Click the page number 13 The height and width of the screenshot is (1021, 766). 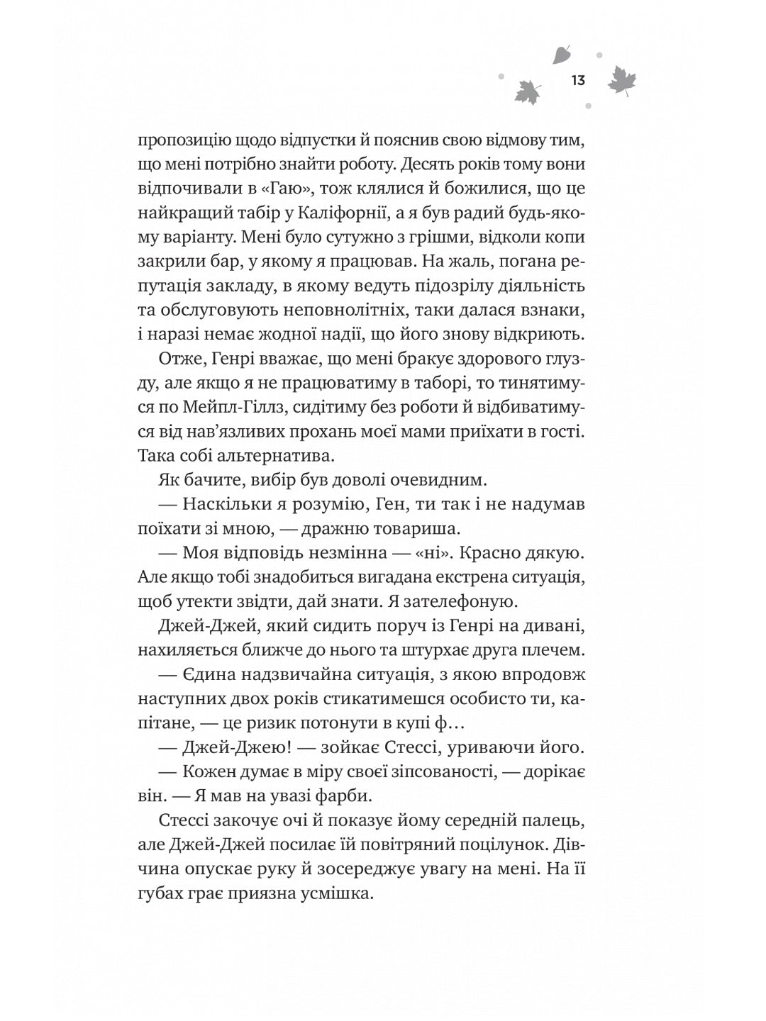click(577, 80)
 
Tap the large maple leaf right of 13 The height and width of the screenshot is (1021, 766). click(622, 83)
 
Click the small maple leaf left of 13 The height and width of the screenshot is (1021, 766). click(527, 91)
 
